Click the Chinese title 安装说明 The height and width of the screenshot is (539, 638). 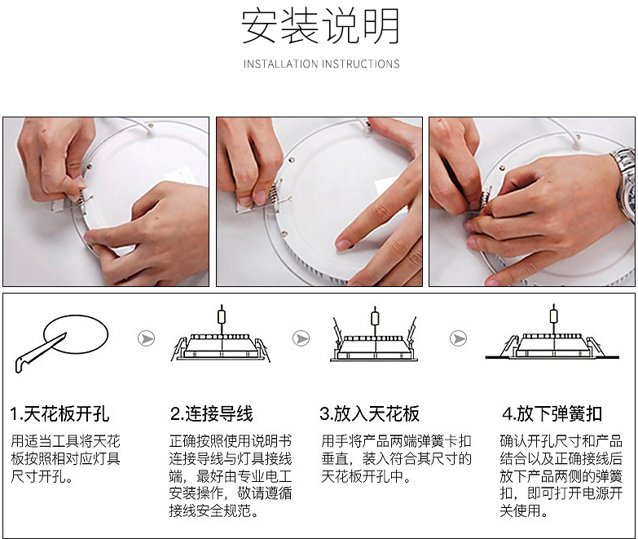(x=320, y=26)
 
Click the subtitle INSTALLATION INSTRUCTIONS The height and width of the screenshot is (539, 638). (x=321, y=64)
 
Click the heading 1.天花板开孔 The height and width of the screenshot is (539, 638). (x=59, y=413)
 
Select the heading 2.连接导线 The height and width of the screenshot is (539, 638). (x=212, y=413)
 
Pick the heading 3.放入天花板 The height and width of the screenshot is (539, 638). (x=369, y=413)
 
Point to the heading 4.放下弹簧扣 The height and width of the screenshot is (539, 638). (x=552, y=413)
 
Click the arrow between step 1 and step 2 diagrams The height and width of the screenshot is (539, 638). (x=146, y=338)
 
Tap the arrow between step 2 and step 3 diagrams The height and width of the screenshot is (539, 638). (x=301, y=338)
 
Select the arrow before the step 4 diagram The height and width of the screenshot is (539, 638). (x=458, y=338)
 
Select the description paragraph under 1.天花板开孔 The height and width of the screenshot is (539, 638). (x=65, y=458)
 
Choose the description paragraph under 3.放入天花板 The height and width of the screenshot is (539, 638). (x=396, y=458)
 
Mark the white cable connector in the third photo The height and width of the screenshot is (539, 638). (x=576, y=144)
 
